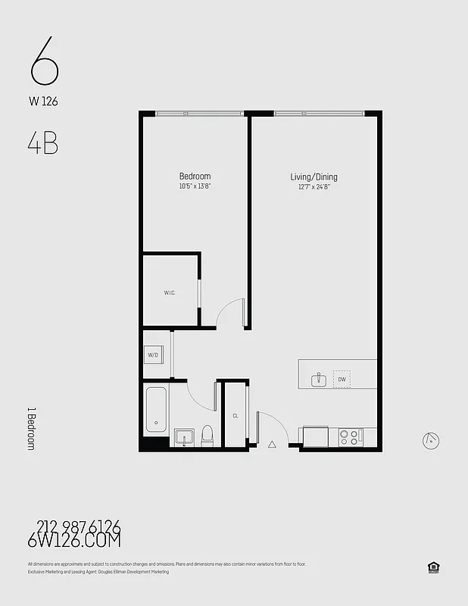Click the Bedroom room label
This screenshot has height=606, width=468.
tap(195, 176)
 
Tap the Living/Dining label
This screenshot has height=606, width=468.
tap(314, 177)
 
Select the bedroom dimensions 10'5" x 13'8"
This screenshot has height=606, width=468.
tap(195, 186)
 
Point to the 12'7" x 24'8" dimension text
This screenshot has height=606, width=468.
tap(314, 186)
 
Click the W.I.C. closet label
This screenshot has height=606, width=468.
tap(170, 292)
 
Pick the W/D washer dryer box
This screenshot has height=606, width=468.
tap(153, 355)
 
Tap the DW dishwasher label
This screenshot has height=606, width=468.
tap(342, 379)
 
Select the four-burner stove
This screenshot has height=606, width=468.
tap(349, 437)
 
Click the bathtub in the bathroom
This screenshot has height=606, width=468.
tap(156, 410)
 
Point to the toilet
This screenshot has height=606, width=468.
tap(206, 436)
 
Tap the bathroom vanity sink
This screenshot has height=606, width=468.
tap(184, 437)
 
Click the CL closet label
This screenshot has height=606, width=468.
tap(236, 416)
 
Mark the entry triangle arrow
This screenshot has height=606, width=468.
tap(272, 445)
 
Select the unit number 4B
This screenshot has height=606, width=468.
tap(42, 144)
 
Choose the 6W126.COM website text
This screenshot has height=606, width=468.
tap(73, 540)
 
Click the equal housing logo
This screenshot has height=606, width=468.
tap(434, 567)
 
